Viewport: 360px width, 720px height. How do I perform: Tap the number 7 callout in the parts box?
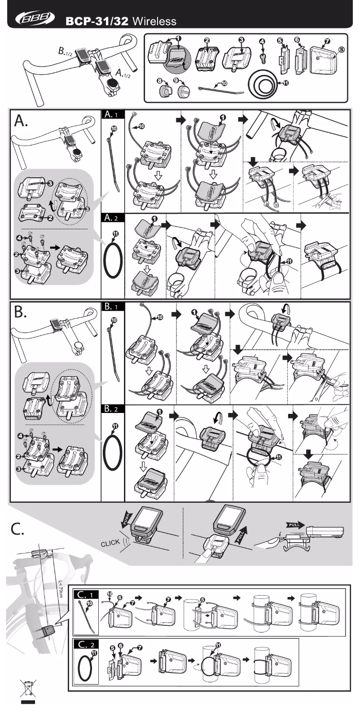coord(327,41)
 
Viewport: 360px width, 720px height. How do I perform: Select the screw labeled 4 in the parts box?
coord(263,57)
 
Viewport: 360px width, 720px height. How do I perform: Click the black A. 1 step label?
coord(113,114)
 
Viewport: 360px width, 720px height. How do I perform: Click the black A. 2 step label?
coord(113,218)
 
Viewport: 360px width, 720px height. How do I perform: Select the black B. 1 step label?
coord(113,307)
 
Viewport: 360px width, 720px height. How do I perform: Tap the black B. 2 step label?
coord(113,409)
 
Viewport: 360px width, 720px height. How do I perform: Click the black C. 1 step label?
coord(86,594)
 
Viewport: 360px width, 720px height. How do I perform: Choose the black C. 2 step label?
coord(86,645)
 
